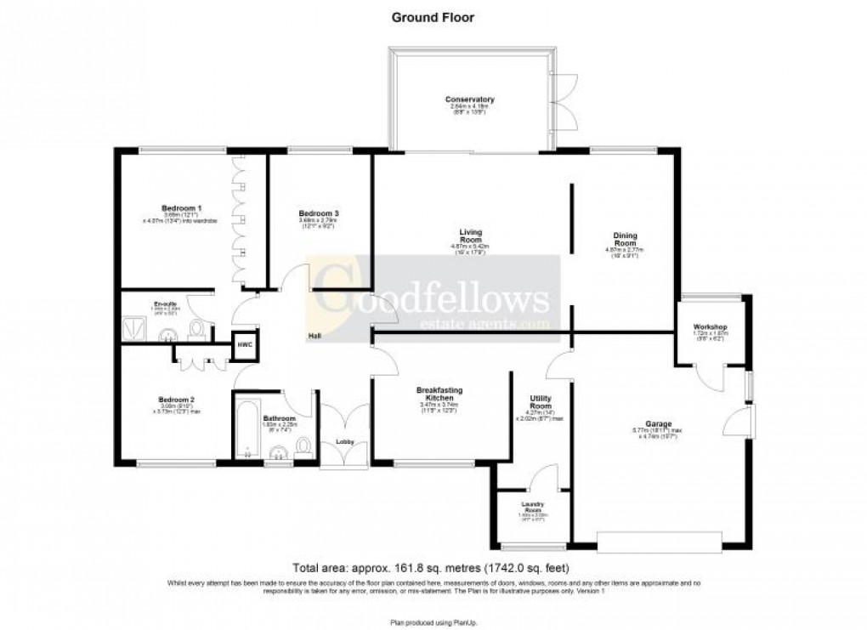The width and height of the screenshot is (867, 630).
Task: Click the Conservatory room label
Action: pyautogui.click(x=469, y=100)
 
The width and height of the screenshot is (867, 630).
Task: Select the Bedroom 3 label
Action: pyautogui.click(x=319, y=213)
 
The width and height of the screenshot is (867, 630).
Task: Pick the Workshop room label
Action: pyautogui.click(x=709, y=327)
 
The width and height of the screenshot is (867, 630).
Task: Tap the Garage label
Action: pyautogui.click(x=658, y=424)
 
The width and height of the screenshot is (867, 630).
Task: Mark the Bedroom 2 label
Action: pyautogui.click(x=176, y=400)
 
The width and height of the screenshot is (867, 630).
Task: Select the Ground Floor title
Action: pyautogui.click(x=433, y=16)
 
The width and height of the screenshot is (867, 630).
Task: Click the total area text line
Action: pyautogui.click(x=431, y=568)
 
